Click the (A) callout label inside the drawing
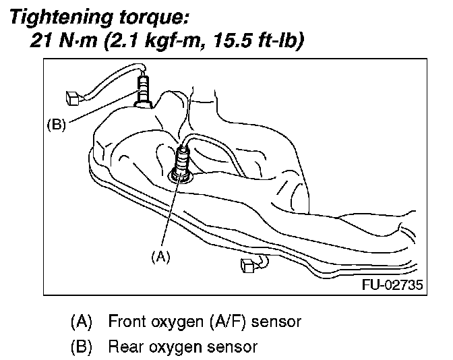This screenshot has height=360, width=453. pos(160,258)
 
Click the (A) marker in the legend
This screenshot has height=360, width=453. pos(82,322)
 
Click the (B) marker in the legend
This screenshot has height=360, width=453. pos(82,347)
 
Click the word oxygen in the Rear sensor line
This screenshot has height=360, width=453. pos(177,349)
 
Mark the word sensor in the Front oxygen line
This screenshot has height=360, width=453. pos(276,322)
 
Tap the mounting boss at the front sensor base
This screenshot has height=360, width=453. pos(180,177)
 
